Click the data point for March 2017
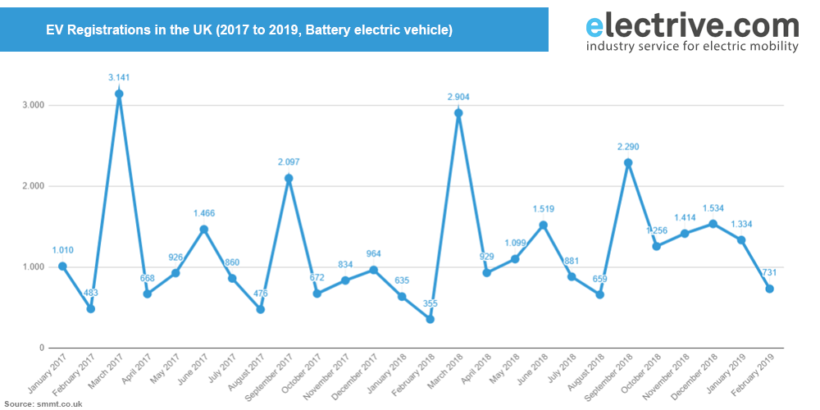point(119,93)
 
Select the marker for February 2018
point(430,319)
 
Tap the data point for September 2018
point(628,162)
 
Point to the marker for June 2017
point(204,230)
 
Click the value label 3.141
point(120,78)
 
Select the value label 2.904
point(458,98)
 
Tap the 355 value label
point(430,304)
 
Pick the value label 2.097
point(289,162)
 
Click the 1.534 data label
point(713,209)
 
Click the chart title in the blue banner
point(249,30)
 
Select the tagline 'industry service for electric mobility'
point(692,47)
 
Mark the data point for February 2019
point(769,289)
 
